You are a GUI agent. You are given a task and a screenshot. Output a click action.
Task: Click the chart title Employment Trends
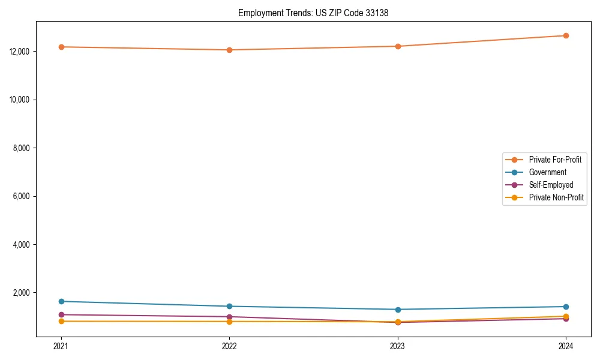(313, 13)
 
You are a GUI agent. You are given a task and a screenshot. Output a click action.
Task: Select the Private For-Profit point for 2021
(61, 47)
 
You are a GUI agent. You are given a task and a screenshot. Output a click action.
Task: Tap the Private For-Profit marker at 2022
(229, 50)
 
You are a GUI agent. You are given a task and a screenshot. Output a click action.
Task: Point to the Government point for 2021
(61, 301)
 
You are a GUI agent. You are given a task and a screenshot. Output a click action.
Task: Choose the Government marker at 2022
(229, 307)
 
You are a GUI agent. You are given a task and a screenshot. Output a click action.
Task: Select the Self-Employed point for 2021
(61, 314)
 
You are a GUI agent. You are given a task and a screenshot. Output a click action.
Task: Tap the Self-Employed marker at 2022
(229, 317)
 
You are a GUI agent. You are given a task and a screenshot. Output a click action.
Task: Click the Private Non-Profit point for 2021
(61, 322)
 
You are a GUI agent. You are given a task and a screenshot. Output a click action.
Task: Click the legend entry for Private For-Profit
(554, 160)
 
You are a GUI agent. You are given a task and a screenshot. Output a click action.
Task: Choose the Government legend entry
(547, 172)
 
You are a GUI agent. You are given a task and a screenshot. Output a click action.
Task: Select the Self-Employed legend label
(551, 185)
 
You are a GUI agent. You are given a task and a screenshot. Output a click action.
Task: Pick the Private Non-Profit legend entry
(556, 197)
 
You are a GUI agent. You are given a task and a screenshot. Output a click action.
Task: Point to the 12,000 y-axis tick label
(20, 52)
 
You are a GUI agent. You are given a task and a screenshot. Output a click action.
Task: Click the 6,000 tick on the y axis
(22, 196)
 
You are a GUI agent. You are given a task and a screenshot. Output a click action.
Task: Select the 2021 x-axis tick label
(61, 346)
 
